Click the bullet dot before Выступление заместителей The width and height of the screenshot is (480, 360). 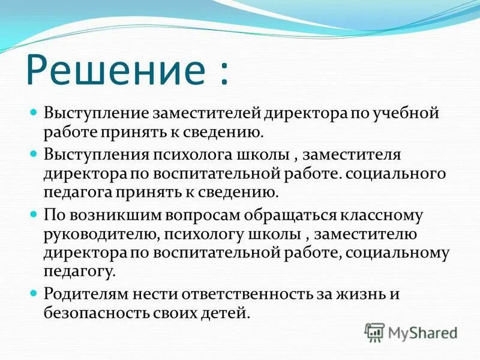point(34,112)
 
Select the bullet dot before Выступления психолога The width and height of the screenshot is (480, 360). point(34,154)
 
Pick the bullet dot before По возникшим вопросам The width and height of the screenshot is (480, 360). point(34,214)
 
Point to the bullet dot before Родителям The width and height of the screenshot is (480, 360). point(34,293)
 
